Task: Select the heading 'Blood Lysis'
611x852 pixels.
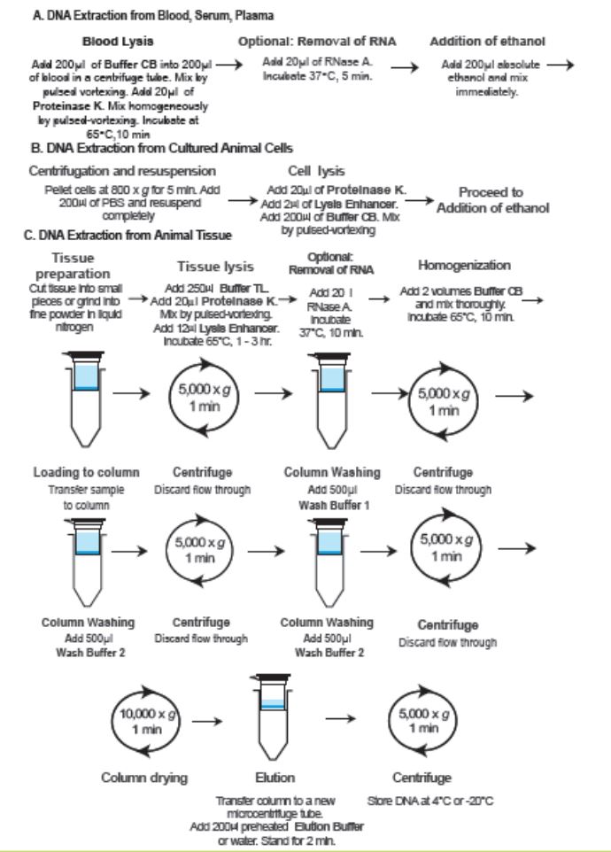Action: coord(119,42)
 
